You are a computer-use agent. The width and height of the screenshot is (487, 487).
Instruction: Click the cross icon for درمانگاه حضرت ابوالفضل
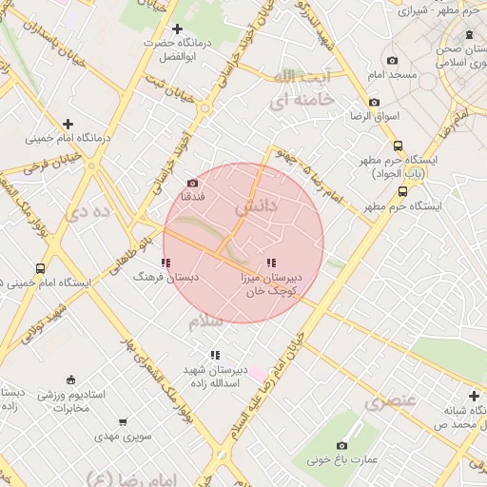point(177,29)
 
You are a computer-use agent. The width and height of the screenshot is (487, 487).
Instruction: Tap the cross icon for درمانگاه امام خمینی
point(68,124)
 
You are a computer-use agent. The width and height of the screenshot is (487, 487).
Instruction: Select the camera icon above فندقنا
point(193,183)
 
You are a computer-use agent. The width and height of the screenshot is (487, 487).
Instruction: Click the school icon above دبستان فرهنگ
point(166,263)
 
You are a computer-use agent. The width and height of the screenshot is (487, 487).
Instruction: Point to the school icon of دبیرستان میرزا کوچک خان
point(272,263)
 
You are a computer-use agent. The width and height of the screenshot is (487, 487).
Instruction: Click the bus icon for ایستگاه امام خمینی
point(40,268)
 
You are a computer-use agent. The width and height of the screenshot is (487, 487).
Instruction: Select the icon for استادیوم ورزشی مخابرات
point(69,380)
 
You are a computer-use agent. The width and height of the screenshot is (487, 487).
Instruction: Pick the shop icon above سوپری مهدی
point(123,422)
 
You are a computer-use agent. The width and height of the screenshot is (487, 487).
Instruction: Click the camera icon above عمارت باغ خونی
point(342,445)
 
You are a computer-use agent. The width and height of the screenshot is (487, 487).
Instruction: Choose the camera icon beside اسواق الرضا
point(374,102)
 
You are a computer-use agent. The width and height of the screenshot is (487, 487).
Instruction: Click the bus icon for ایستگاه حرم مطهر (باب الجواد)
point(398,146)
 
